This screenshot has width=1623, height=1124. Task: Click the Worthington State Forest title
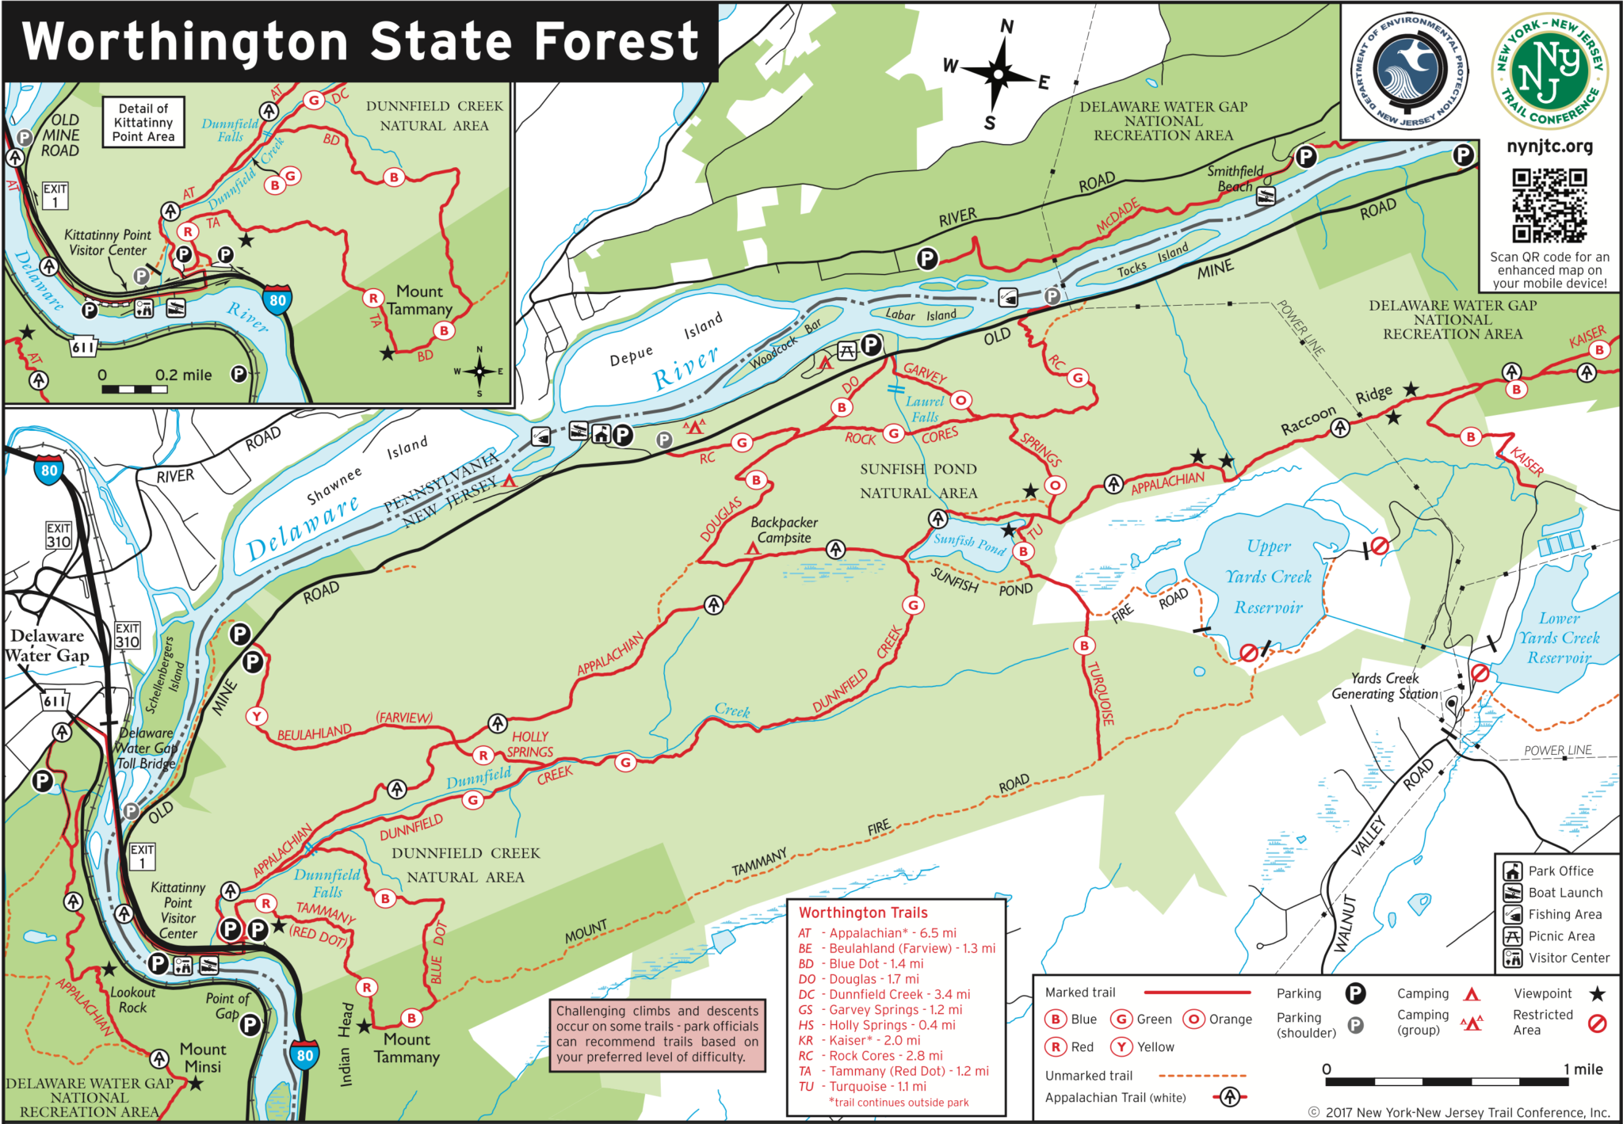click(x=361, y=41)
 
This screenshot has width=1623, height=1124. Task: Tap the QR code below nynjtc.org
click(x=1549, y=205)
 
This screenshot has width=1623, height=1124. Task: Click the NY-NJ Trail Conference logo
click(x=1549, y=71)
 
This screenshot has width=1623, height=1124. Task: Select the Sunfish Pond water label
click(x=968, y=543)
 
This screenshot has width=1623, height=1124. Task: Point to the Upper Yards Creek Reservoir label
click(x=1268, y=577)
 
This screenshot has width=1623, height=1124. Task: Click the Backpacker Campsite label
click(x=784, y=530)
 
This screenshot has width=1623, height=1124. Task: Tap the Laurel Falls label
click(x=924, y=409)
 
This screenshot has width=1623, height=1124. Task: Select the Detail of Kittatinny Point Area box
click(x=143, y=122)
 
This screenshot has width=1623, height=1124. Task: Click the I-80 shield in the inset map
click(x=277, y=300)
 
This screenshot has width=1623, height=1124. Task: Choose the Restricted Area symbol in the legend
click(x=1597, y=1023)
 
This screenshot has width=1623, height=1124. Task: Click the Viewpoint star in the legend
click(x=1597, y=993)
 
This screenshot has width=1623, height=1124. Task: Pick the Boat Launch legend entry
click(x=1553, y=893)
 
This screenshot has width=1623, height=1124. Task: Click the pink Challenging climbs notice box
click(x=657, y=1034)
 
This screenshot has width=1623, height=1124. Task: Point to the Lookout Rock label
click(x=132, y=1000)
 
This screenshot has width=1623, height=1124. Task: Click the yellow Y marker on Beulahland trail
click(x=256, y=716)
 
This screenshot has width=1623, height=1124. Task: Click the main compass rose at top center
click(x=998, y=74)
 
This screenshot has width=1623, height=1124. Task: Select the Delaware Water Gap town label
click(x=48, y=645)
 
